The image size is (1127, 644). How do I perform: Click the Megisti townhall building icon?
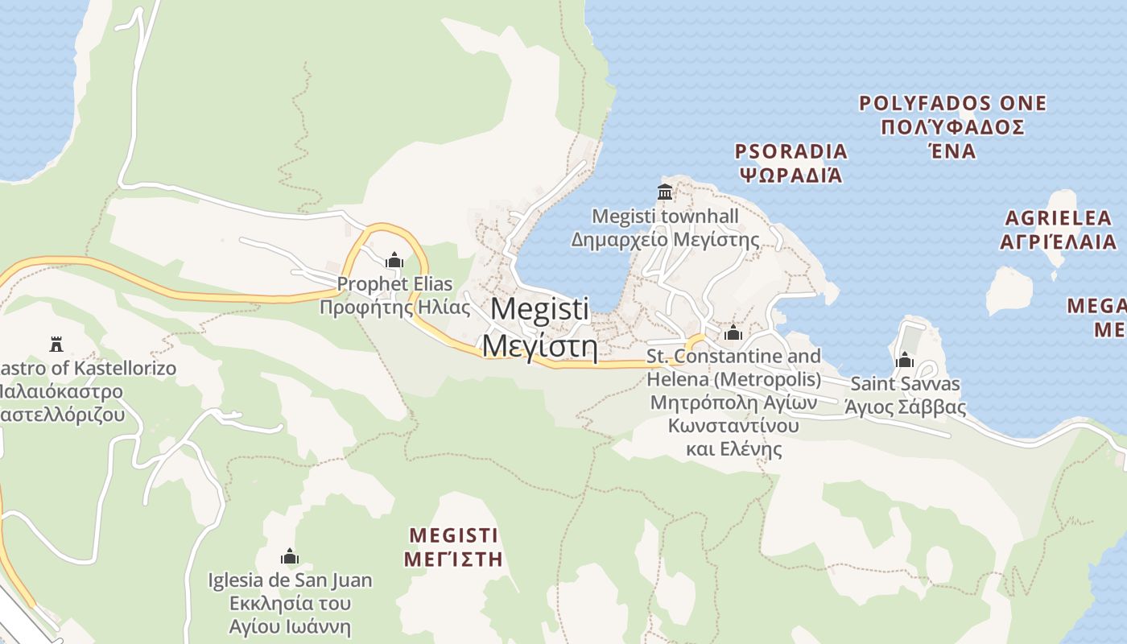pos(665,192)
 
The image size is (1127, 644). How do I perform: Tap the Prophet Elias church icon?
pos(394,260)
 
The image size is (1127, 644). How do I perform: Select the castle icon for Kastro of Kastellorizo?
pos(56,345)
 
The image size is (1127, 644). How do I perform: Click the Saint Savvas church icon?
pos(905,360)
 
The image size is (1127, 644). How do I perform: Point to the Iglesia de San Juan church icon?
pos(290,556)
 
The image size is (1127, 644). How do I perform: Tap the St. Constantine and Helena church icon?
pos(733,332)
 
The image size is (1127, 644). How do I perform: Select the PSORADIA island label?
pos(791,151)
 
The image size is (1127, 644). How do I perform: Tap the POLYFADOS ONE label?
pos(952,103)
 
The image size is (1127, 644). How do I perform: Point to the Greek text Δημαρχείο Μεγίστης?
pos(665,240)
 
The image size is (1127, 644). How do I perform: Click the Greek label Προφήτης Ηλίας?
pos(394,308)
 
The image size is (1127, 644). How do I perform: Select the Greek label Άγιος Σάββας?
pos(905,407)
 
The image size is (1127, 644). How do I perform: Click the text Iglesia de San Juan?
pos(290,580)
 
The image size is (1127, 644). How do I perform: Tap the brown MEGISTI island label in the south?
pos(453,535)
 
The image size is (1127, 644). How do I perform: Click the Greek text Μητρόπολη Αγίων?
pos(733,402)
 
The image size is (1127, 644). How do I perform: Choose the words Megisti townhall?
pos(665,216)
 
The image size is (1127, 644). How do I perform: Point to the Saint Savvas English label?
pos(905,384)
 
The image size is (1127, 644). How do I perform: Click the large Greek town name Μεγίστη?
pos(539,347)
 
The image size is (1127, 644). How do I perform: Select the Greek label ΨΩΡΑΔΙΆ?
pos(791,175)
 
